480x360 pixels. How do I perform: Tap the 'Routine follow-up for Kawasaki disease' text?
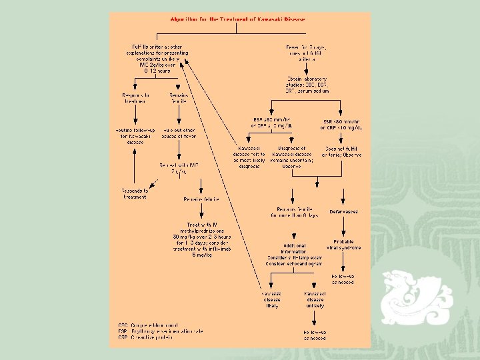coord(134,137)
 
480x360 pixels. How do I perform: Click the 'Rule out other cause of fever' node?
coord(178,137)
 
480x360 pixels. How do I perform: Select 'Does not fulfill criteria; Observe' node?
coord(343,151)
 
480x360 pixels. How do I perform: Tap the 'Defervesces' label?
coord(343,211)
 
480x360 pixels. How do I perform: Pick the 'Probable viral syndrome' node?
coord(343,245)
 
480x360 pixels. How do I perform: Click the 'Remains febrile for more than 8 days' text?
coord(294,213)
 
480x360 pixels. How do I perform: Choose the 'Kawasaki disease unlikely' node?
coord(314,299)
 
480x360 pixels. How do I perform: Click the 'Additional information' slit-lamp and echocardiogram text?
coord(294,255)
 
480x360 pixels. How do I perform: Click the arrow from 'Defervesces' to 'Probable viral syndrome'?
coord(343,227)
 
